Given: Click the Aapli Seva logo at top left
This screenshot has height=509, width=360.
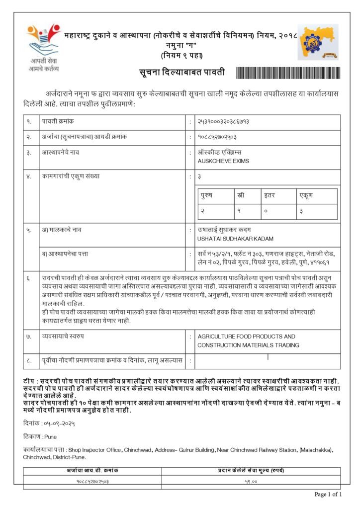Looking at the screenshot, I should (x=44, y=47).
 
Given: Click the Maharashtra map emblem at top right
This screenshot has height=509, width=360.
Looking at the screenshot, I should (x=318, y=42).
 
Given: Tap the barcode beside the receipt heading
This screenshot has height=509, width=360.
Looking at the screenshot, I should (x=288, y=73).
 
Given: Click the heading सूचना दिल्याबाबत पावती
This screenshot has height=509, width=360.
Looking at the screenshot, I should (x=181, y=73).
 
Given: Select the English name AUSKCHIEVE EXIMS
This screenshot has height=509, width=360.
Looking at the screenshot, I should (x=223, y=161).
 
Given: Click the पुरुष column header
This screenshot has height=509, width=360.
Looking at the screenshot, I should (x=207, y=196).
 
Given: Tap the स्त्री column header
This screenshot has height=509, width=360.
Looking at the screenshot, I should (x=241, y=196).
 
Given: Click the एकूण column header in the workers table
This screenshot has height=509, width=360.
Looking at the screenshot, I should (x=306, y=196).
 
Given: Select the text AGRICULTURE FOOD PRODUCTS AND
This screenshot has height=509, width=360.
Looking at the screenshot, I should (x=246, y=337).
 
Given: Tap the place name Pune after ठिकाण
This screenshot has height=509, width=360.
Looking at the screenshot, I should (x=51, y=437).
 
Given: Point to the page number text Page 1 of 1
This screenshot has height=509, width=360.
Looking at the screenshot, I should (x=329, y=494).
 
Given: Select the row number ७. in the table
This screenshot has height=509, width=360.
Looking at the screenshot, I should (x=29, y=337).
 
